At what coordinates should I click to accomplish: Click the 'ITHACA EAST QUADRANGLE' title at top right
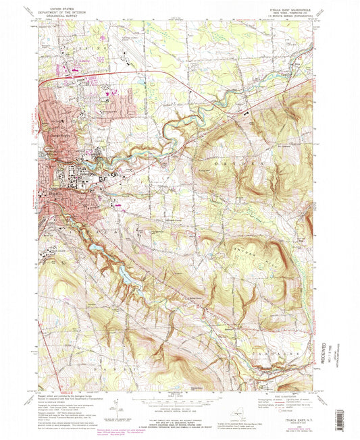(290, 10)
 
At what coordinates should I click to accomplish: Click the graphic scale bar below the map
(179, 398)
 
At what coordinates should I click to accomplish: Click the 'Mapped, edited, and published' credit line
(68, 396)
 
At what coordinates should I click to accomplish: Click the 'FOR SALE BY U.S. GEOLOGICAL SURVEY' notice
(179, 417)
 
